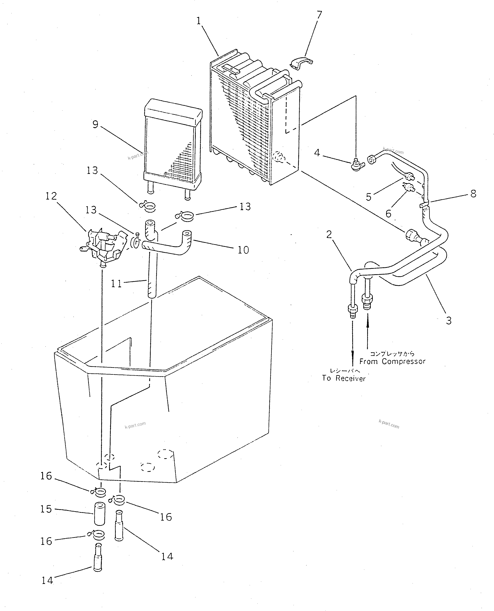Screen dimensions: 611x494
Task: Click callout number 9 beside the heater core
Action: pos(95,124)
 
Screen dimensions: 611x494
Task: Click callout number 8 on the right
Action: pos(473,194)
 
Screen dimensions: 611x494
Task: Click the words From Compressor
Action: pos(392,361)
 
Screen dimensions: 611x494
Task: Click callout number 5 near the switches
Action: pos(369,197)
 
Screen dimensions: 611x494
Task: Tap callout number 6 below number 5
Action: pos(388,214)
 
